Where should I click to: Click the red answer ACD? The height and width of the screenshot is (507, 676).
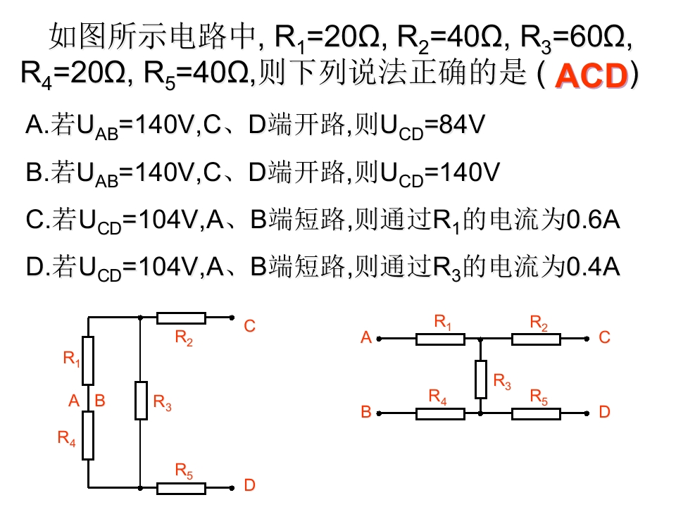(591, 77)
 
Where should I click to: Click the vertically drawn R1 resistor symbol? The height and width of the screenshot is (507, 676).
(88, 360)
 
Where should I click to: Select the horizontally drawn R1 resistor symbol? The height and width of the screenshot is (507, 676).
(440, 339)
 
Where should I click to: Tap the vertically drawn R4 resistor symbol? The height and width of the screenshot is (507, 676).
(88, 436)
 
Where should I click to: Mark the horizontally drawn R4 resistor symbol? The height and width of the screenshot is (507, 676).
(440, 413)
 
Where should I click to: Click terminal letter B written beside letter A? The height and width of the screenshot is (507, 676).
(100, 401)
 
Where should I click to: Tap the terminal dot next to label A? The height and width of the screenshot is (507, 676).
(379, 339)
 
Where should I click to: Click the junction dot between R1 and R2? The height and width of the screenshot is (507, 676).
(481, 339)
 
